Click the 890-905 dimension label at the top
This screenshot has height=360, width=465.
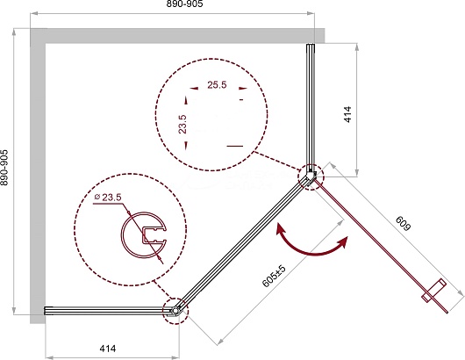184,4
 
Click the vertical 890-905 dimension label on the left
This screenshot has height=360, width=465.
4,168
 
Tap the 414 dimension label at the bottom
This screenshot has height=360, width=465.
108,349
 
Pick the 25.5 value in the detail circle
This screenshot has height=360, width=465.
217,85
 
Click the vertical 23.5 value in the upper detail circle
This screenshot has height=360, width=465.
183,124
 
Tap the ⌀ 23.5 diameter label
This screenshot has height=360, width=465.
108,197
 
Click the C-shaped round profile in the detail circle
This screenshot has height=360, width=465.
122,234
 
